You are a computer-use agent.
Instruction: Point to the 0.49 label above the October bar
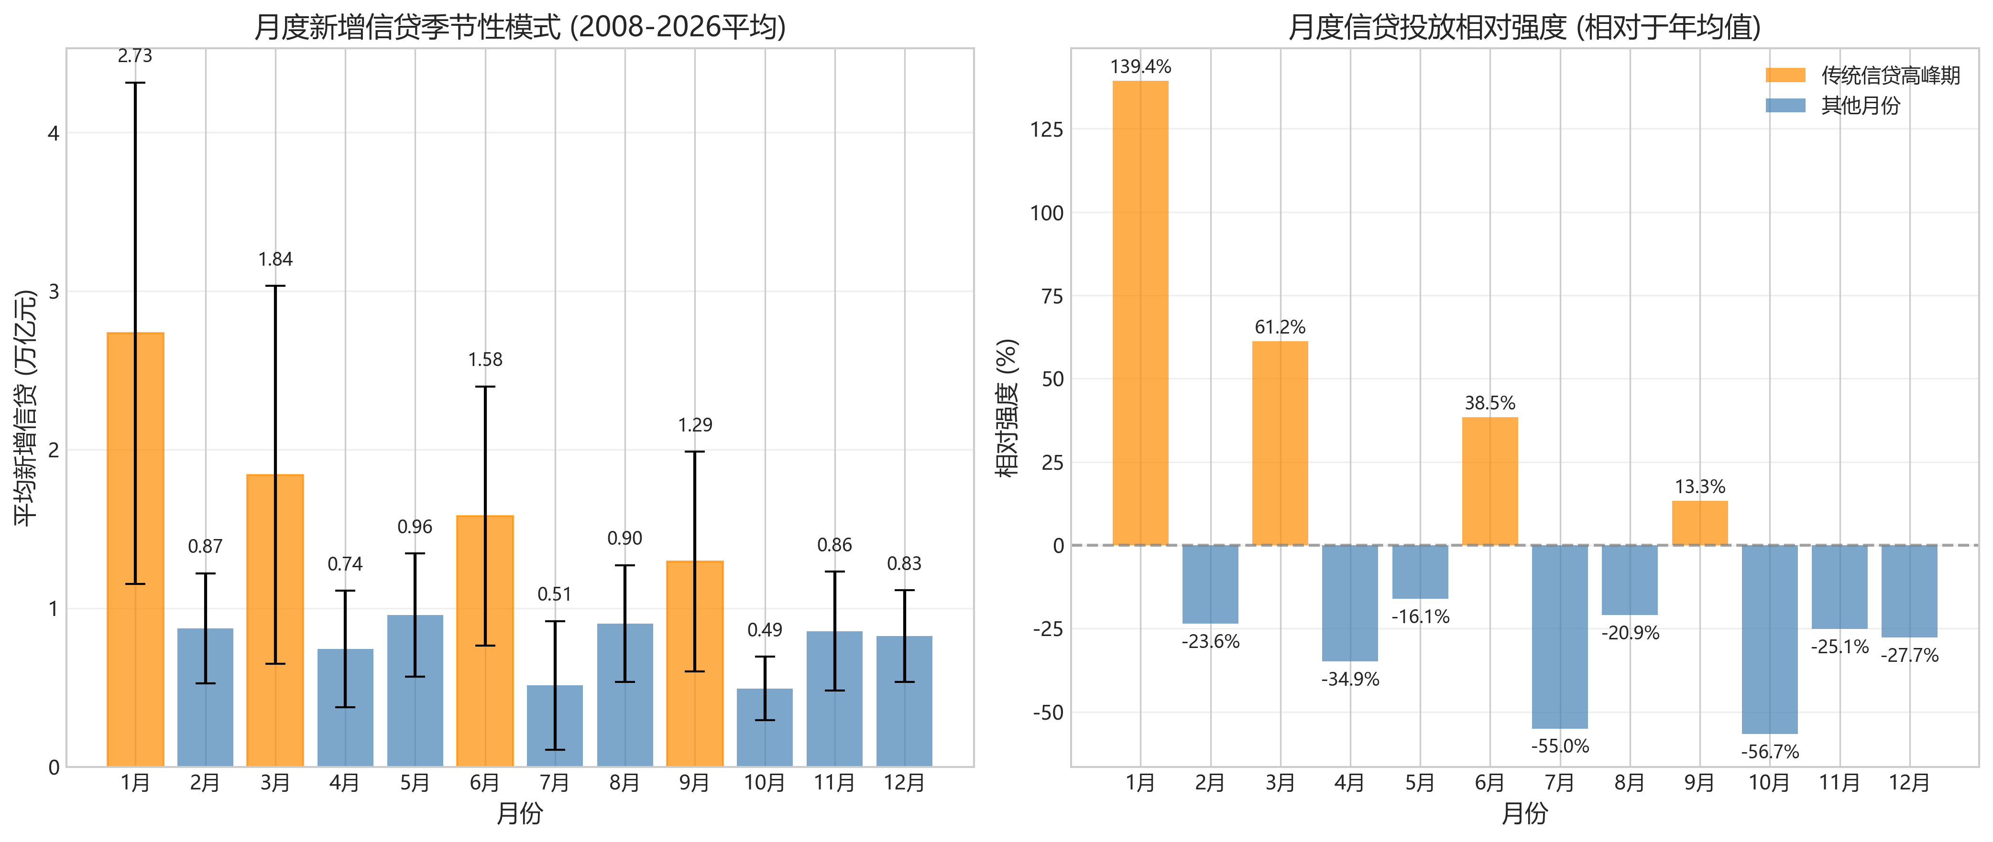(765, 630)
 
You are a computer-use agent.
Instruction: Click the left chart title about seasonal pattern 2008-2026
(519, 27)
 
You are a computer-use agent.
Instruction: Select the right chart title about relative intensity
(1524, 27)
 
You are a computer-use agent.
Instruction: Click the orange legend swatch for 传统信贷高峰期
(1785, 75)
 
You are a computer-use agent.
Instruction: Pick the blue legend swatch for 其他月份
(1785, 105)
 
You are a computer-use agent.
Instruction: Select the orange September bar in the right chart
(1700, 523)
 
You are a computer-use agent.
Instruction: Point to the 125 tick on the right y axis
(1047, 130)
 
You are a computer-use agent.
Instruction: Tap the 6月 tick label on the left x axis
(485, 783)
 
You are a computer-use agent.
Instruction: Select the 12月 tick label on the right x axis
(1909, 783)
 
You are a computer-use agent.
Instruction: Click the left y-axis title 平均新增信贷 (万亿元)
(25, 408)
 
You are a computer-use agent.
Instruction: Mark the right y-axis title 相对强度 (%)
(1007, 408)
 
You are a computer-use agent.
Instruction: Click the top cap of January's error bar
(135, 83)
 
